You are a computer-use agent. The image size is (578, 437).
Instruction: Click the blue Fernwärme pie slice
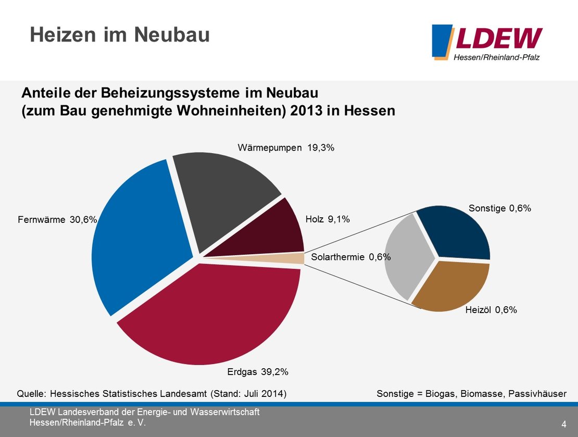tap(138, 234)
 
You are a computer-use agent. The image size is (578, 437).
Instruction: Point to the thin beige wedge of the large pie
tap(292, 258)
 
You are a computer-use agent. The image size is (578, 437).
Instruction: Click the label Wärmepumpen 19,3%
tap(286, 148)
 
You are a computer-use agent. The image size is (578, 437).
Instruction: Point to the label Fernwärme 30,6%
tap(58, 220)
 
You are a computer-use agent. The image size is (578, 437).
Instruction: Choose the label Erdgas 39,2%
tap(258, 372)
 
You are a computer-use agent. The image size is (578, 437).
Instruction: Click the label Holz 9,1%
tap(328, 220)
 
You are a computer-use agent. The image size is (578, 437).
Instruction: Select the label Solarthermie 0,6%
tap(350, 257)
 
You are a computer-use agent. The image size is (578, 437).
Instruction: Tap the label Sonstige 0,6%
tap(499, 208)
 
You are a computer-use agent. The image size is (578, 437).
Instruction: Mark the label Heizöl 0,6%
tap(491, 310)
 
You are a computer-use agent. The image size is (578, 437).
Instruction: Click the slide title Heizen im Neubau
tap(120, 35)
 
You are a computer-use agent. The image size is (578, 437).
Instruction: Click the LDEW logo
tap(487, 42)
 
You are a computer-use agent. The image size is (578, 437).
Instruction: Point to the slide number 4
tap(564, 422)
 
